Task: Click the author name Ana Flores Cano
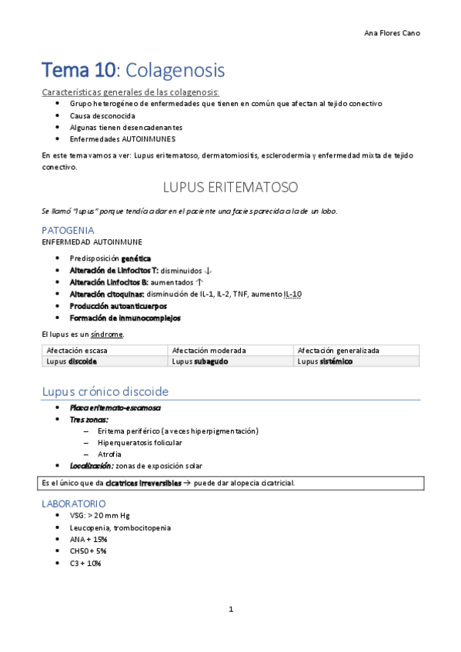(x=392, y=33)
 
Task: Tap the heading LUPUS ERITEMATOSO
(x=231, y=187)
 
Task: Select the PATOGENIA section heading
(x=68, y=230)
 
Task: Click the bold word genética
(x=135, y=258)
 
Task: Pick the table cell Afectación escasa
(x=75, y=350)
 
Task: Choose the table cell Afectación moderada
(x=203, y=350)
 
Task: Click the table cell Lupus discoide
(x=72, y=361)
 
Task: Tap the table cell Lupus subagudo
(x=199, y=361)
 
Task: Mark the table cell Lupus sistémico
(x=325, y=361)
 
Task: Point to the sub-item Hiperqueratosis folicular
(x=140, y=442)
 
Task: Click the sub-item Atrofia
(x=109, y=454)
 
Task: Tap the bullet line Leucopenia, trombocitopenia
(x=120, y=527)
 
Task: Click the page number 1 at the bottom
(x=231, y=610)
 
